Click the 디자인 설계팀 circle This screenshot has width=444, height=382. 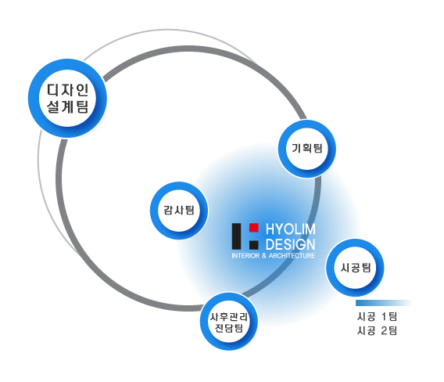[x=67, y=98]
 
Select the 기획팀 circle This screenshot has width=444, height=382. [x=307, y=149]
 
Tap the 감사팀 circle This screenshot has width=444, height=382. [x=179, y=211]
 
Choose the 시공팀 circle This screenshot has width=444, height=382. [x=355, y=268]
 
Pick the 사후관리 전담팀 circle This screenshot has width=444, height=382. [x=229, y=321]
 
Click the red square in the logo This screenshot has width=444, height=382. [x=254, y=228]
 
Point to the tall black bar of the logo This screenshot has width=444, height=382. [x=236, y=236]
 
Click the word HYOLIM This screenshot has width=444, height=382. [x=291, y=229]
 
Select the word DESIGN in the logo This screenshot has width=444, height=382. [x=291, y=244]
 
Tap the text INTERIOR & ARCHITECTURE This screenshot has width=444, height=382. [x=274, y=255]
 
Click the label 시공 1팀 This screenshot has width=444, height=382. [x=377, y=316]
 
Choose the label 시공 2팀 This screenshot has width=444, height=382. [x=377, y=330]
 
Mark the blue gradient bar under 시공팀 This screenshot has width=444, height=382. [x=383, y=303]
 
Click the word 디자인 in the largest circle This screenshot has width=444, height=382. [x=68, y=90]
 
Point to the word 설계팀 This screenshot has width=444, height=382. [x=68, y=106]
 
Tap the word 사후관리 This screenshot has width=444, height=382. [x=229, y=317]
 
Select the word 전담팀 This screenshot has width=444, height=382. [x=229, y=328]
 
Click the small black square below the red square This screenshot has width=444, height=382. [x=254, y=245]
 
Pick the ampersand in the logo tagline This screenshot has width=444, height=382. [x=264, y=255]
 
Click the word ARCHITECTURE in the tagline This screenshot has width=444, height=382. [x=292, y=255]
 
